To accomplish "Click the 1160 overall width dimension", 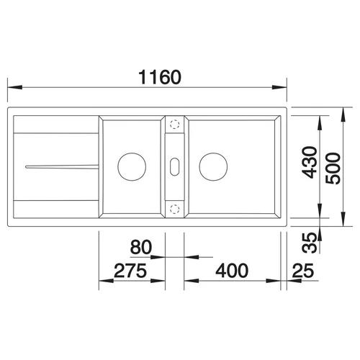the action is tap(160, 77).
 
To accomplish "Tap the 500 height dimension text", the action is tap(333, 168).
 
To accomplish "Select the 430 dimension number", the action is tap(310, 163).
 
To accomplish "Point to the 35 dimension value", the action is tap(310, 243).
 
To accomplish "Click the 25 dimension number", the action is tap(303, 271).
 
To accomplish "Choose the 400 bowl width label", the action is tap(232, 271).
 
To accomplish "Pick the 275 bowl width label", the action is tap(130, 271).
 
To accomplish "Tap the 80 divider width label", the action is tap(141, 247).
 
